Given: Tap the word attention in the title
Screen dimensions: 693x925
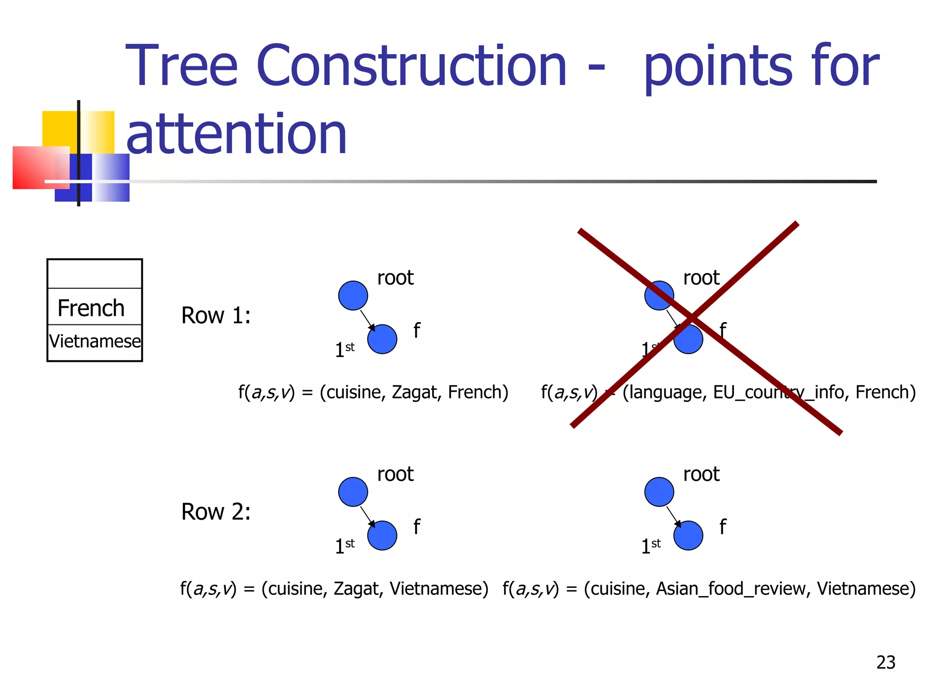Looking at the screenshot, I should click(x=236, y=134).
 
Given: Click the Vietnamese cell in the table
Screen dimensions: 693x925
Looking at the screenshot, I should click(x=95, y=342).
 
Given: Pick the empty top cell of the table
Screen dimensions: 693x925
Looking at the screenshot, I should click(x=95, y=274).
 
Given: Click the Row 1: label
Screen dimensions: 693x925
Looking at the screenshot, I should click(x=215, y=315).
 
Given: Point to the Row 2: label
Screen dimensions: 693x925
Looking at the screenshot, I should click(x=215, y=512).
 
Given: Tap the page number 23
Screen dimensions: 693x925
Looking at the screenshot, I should click(x=885, y=662).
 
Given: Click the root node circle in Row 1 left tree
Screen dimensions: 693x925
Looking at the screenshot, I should click(x=353, y=296).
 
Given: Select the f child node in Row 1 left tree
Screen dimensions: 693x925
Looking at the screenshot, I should click(x=382, y=339).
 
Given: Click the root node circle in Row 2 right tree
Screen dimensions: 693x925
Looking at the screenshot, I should click(x=659, y=492).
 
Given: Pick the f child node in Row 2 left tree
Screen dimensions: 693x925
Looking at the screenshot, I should click(x=382, y=536).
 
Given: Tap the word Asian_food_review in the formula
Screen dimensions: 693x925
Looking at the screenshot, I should click(x=730, y=589).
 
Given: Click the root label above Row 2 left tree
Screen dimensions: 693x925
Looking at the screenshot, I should click(x=395, y=474).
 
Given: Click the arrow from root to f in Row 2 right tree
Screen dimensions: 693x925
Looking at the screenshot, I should click(x=673, y=516).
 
